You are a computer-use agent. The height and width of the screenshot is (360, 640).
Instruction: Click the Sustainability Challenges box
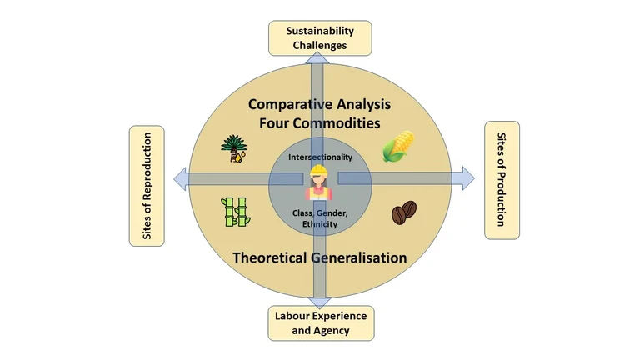pos(320,37)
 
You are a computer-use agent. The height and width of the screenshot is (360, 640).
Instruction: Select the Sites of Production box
pos(502,180)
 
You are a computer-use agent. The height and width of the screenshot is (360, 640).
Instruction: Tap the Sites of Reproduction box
pos(147,186)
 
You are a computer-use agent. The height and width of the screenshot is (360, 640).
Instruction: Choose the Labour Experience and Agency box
pos(321,323)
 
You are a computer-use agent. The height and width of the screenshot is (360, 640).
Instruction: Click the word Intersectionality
pos(320,157)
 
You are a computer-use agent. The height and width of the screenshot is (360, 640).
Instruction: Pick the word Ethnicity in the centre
pos(320,224)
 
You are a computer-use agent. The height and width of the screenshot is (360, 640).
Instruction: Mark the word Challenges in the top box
pos(320,45)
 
